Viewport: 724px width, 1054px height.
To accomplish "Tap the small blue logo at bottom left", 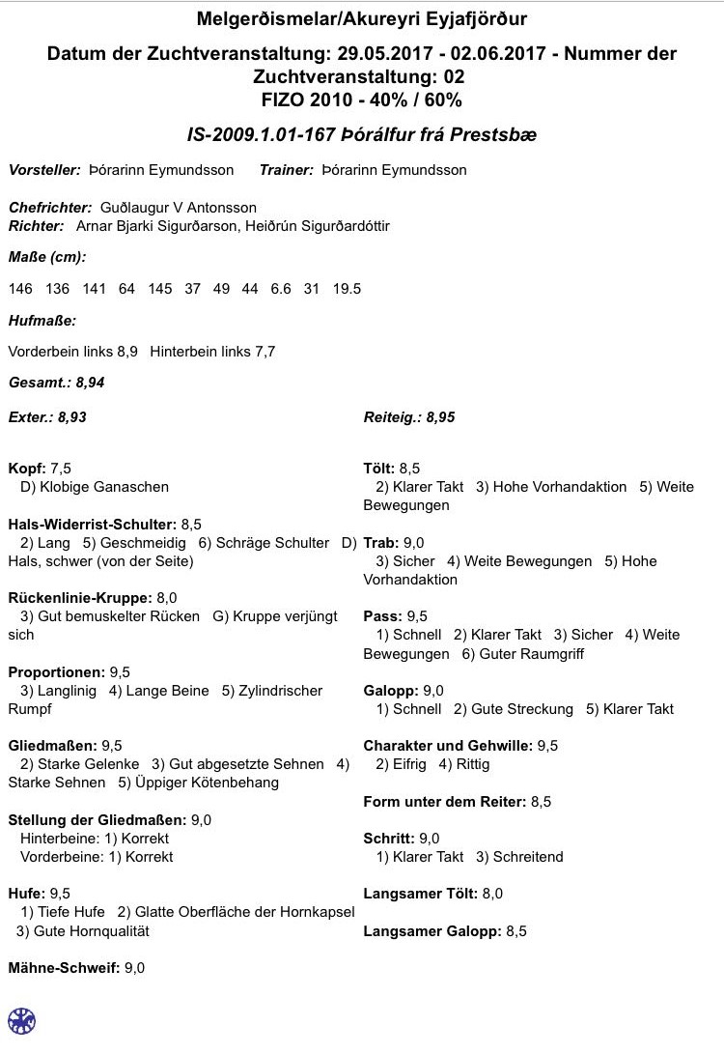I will point(21,1020).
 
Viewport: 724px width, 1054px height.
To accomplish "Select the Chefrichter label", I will point(50,208).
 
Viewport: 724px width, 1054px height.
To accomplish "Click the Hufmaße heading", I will point(42,320).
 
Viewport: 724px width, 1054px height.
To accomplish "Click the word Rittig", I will point(472,764).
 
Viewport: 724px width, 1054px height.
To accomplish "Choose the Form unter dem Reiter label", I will point(444,802).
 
